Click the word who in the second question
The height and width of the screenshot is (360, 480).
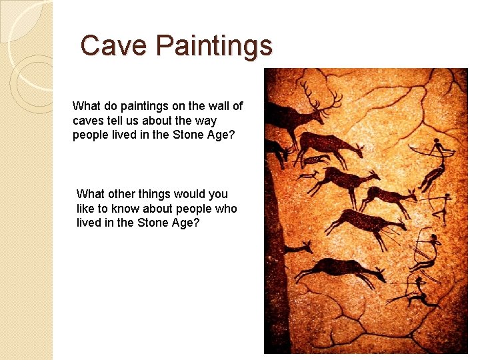click(225, 209)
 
